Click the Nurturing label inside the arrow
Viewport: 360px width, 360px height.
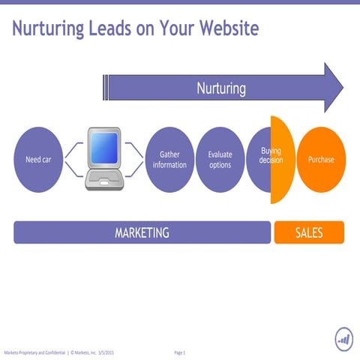(221, 88)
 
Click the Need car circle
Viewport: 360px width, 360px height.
(38, 160)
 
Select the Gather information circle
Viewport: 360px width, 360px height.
(169, 160)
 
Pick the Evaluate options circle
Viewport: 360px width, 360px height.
(220, 160)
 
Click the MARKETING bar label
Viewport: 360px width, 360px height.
(142, 232)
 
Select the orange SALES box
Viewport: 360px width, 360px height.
(309, 232)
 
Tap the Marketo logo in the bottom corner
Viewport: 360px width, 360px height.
(344, 340)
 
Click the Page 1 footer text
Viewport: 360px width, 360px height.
(179, 352)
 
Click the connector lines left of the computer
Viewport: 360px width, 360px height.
(73, 160)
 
